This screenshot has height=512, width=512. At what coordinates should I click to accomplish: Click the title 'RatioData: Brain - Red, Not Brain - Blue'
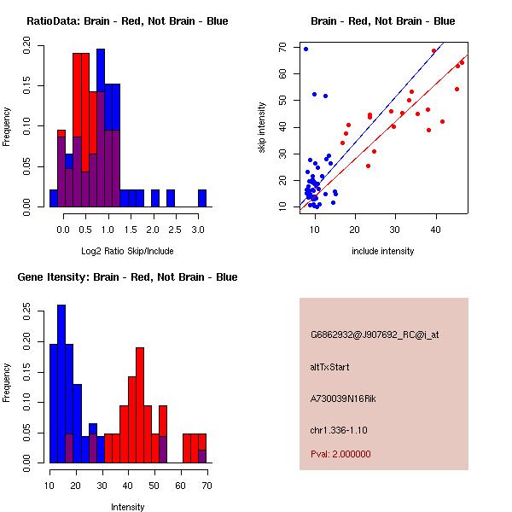point(127,21)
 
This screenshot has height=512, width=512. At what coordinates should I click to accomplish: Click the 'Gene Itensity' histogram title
point(127,277)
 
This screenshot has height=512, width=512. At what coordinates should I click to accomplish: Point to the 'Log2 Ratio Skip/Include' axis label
point(127,250)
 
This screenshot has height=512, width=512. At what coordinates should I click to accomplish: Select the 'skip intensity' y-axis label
point(264,128)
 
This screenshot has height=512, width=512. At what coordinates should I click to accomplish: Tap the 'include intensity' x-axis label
point(383,251)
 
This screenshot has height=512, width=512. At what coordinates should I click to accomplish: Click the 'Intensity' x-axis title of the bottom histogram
point(127,506)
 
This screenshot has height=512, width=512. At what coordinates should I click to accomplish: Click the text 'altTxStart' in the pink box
point(330,367)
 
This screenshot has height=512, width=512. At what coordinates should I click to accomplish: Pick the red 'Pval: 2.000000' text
point(340,454)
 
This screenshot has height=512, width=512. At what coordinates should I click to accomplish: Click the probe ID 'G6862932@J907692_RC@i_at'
point(375,335)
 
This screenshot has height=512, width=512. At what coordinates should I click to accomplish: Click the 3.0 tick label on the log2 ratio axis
point(198,230)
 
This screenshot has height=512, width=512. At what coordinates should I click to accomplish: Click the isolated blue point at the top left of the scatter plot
point(305,49)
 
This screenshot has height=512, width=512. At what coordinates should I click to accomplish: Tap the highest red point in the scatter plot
point(434,50)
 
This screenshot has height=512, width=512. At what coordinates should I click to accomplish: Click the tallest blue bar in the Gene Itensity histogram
point(61,383)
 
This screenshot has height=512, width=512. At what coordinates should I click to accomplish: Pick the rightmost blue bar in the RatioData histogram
point(202,197)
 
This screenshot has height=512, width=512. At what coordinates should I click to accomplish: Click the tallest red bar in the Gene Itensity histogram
point(139,404)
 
